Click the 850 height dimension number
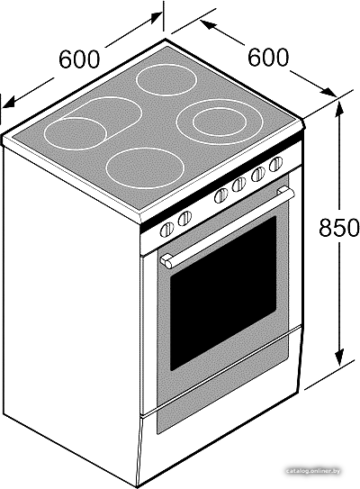(x=338, y=227)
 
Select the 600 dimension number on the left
(x=79, y=59)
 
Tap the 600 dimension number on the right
(x=268, y=57)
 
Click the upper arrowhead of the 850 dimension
(x=339, y=111)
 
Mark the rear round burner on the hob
(x=166, y=80)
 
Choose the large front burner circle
(x=145, y=168)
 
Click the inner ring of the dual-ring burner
(x=220, y=122)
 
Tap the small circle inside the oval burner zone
(x=75, y=134)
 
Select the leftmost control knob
(x=167, y=230)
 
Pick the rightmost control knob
(x=275, y=164)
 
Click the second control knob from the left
(x=184, y=218)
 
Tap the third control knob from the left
(x=221, y=195)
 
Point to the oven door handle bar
(x=228, y=227)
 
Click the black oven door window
(x=223, y=293)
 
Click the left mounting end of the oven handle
(x=166, y=261)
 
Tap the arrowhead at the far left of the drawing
(x=9, y=102)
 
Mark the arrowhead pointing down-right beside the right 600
(x=329, y=91)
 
